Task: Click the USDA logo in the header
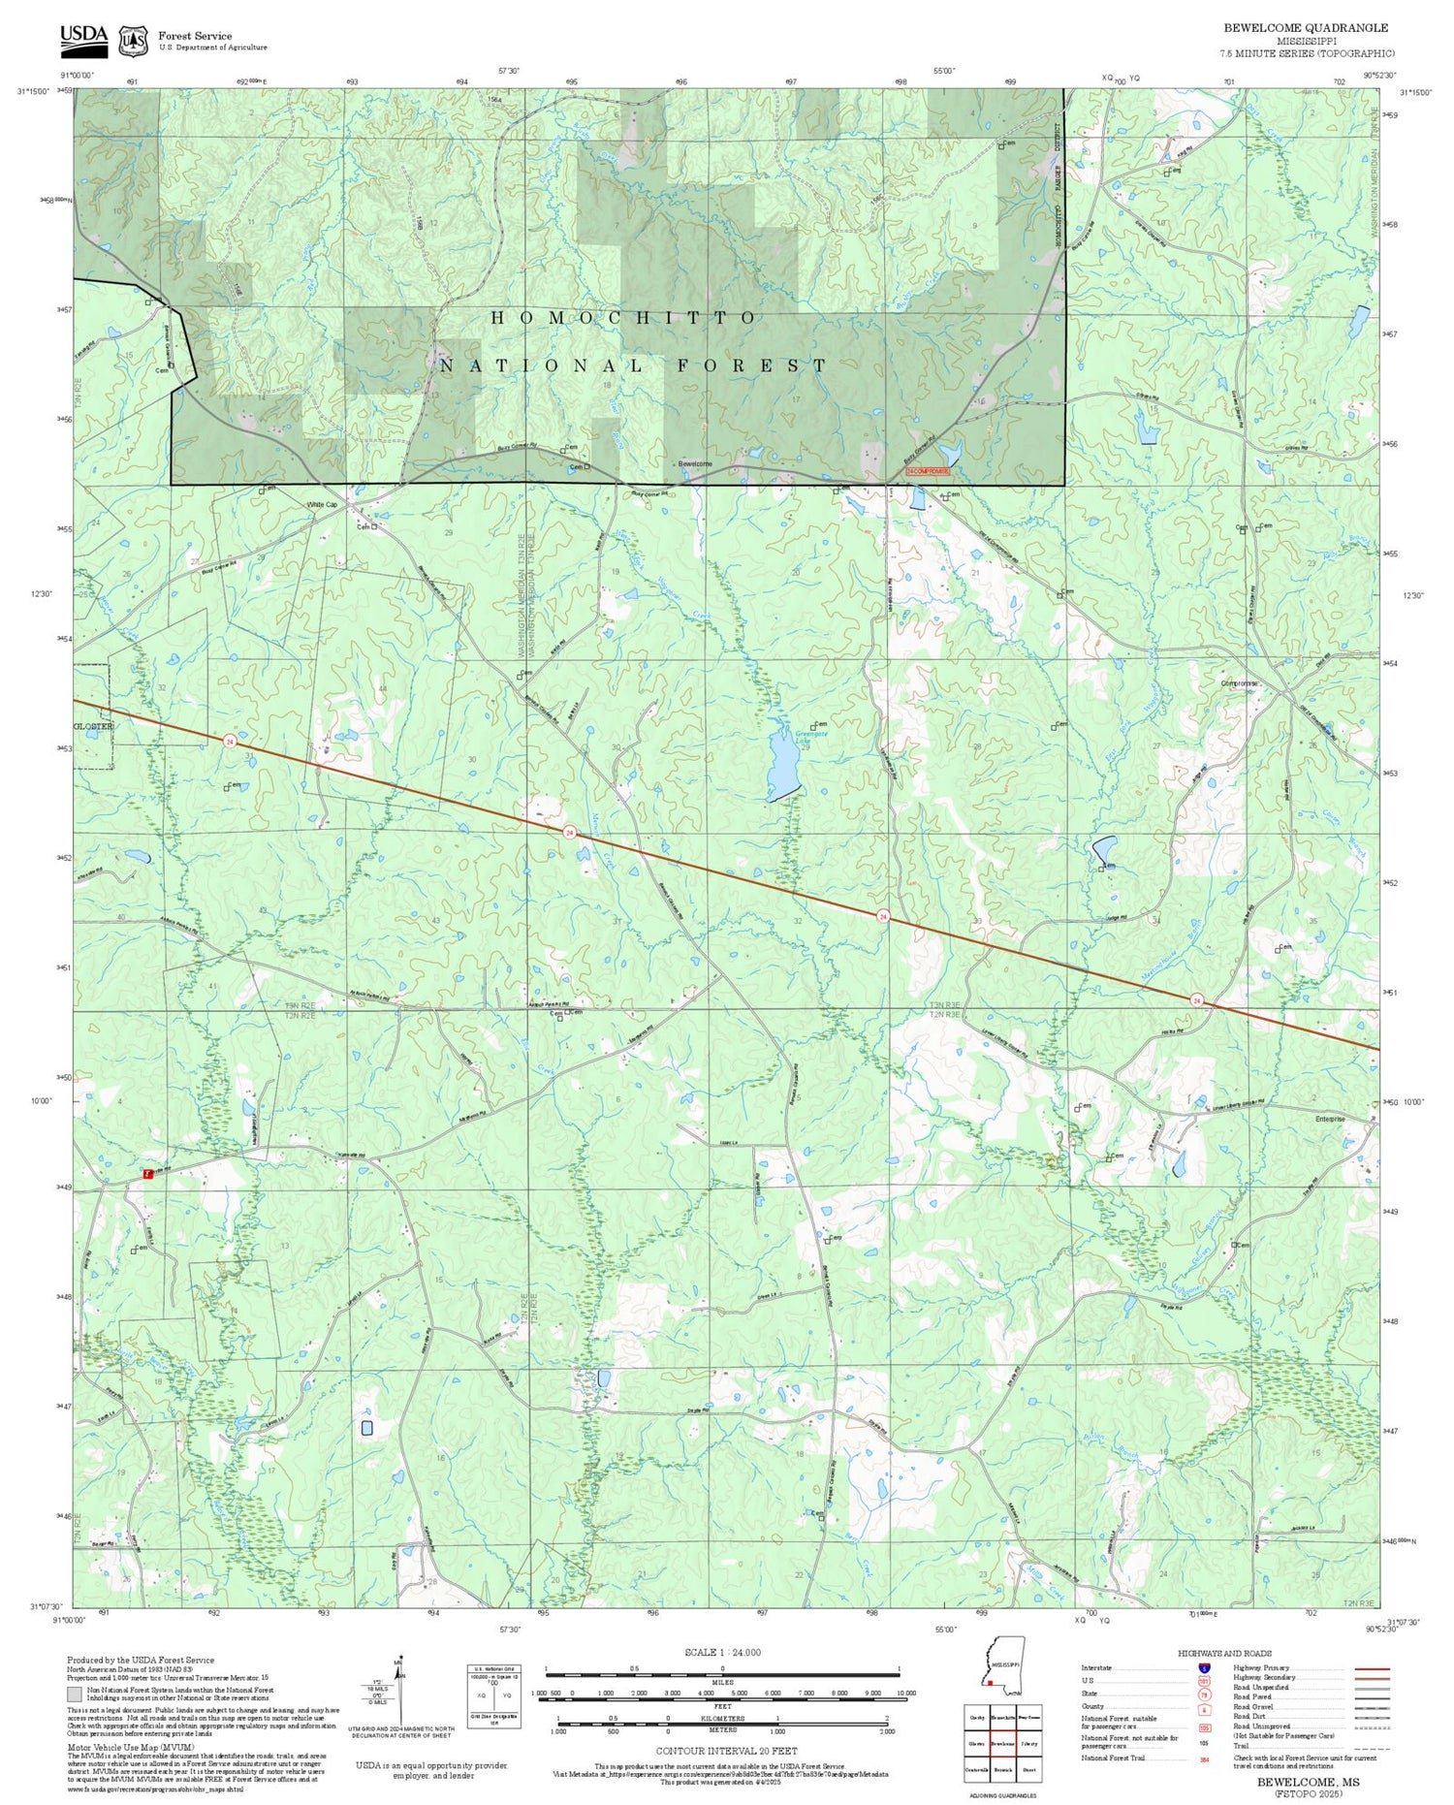(84, 36)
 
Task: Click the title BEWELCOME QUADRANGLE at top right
(1305, 27)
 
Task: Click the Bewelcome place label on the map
(695, 464)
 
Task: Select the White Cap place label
(322, 505)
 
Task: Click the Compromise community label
(1239, 683)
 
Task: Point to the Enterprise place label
(1330, 1119)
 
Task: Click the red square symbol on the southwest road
(148, 1173)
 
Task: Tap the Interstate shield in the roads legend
(1205, 1667)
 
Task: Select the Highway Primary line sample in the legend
(1368, 1668)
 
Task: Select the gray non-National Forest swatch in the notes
(75, 1694)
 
